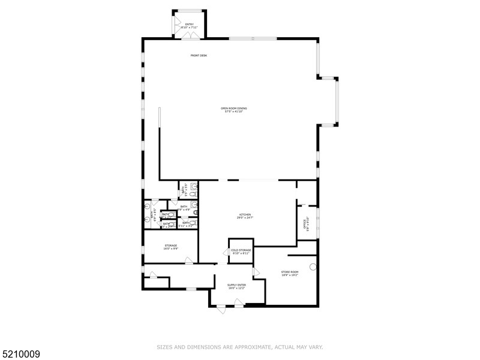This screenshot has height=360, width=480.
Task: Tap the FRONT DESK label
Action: click(x=199, y=55)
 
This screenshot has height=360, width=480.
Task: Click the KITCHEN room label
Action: click(x=245, y=214)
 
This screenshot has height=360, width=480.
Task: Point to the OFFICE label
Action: click(x=305, y=224)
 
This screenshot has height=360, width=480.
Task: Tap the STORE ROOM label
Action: click(x=290, y=272)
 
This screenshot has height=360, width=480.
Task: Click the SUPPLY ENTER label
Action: click(x=236, y=285)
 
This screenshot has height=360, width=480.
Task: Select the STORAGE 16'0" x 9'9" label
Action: click(x=171, y=245)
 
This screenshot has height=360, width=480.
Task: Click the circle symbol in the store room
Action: click(x=313, y=266)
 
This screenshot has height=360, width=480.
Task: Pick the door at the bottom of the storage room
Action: click(x=189, y=260)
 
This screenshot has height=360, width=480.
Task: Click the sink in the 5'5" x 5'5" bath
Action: click(x=193, y=186)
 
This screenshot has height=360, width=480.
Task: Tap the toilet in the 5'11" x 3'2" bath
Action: click(x=193, y=223)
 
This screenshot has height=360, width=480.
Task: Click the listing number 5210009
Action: click(x=20, y=355)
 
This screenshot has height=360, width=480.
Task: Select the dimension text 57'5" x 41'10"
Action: click(x=234, y=111)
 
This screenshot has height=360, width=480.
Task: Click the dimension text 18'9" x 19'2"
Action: click(x=290, y=275)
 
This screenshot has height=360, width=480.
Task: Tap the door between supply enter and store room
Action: click(x=256, y=272)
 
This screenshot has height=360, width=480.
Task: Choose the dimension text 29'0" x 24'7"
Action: click(x=245, y=217)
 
